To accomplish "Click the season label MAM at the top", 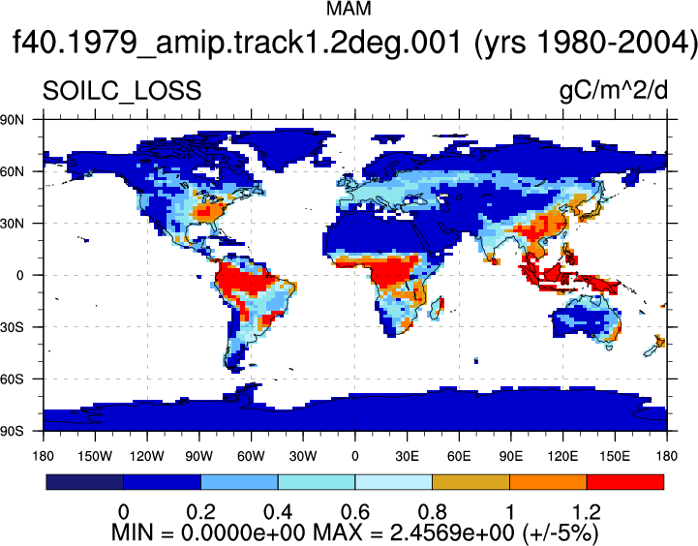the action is tap(349, 9).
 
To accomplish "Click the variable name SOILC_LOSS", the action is tap(122, 91).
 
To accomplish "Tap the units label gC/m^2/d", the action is tap(614, 91).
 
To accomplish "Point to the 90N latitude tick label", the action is tap(12, 120).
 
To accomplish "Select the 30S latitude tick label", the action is tap(12, 327).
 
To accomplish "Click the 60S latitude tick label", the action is tap(12, 379).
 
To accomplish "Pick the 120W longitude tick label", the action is tap(147, 456).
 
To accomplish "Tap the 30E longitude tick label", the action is tap(407, 456).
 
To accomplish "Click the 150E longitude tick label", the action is tap(615, 456).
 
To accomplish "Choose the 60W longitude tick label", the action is tap(251, 456).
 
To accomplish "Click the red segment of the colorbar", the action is tap(625, 482).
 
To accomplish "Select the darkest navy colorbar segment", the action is tap(84, 482).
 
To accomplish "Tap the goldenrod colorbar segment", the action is tap(470, 482).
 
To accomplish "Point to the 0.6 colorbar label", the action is tap(354, 512).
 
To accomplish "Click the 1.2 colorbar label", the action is tap(587, 512).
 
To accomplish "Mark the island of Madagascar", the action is tap(438, 308).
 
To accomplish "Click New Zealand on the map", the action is tap(655, 346).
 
